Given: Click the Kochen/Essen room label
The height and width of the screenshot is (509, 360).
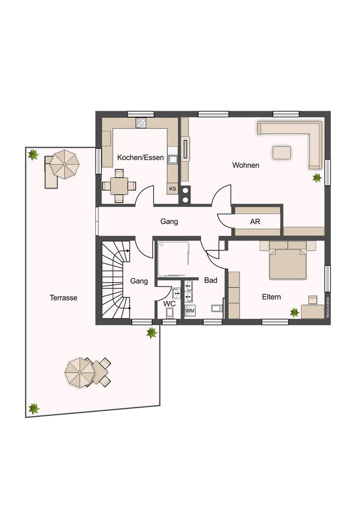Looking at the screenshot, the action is (140, 157).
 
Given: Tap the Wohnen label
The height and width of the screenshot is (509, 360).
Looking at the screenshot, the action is (246, 165).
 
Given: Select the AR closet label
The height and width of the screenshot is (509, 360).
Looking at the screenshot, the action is (255, 222).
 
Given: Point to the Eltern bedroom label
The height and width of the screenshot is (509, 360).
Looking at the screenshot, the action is (272, 297).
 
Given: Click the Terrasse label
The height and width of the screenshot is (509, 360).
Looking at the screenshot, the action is (63, 298).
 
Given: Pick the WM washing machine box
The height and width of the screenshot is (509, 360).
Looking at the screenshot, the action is (190, 311).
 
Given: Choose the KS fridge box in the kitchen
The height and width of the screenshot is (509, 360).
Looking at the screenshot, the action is (172, 189).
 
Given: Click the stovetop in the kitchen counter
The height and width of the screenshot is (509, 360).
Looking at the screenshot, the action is (141, 123).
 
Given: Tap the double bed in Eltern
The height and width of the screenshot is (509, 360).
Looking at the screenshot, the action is (287, 260).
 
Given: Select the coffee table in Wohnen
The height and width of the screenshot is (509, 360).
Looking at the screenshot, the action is (281, 153).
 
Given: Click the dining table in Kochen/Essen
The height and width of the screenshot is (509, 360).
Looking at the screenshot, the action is (119, 186).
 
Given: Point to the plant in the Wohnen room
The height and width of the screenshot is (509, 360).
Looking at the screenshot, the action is (317, 177).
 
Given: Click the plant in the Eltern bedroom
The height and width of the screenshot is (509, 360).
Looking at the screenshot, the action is (294, 313).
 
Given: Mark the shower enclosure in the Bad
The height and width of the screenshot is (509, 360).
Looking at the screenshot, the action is (173, 259).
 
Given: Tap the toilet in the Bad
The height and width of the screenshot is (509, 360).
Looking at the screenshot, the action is (217, 307).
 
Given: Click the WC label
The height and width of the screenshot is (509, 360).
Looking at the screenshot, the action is (169, 304).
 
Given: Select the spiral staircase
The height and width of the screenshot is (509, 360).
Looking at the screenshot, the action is (116, 280).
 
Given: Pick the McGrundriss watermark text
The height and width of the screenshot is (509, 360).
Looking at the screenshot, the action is (328, 307).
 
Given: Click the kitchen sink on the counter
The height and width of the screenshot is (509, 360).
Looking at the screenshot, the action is (173, 159).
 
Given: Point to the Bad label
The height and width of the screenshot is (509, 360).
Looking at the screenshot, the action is (211, 280).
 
